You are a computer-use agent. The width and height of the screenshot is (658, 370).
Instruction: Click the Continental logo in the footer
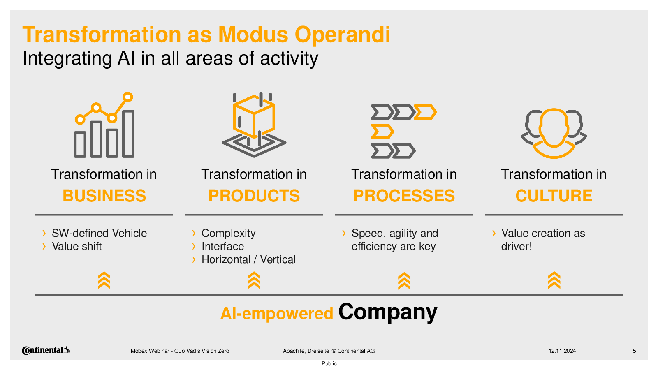46,350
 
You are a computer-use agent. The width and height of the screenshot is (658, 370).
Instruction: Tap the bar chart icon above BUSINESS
104,125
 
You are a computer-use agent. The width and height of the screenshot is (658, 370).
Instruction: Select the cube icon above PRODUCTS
254,125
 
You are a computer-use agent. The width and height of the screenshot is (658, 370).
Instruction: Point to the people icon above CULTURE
554,134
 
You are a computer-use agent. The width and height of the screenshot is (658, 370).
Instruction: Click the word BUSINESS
104,196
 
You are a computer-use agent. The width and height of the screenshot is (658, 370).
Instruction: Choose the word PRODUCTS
254,196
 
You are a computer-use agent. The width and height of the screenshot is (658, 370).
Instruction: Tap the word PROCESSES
404,196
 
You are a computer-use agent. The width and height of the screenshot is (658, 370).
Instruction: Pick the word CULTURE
554,196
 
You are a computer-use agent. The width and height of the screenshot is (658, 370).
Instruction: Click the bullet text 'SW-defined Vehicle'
99,233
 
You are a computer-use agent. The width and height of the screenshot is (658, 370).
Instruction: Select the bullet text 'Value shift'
76,246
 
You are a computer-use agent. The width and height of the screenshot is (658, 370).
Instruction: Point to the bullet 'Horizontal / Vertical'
248,259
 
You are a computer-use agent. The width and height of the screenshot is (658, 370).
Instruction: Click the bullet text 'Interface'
222,246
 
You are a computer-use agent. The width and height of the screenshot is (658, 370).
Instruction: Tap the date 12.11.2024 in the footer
562,351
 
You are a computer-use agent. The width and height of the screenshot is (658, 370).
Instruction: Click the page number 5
635,351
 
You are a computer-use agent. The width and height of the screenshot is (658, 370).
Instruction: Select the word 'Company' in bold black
388,312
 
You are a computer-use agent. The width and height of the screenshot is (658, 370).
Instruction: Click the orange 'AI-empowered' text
277,313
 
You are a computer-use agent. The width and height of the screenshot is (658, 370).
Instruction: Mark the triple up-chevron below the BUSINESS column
104,280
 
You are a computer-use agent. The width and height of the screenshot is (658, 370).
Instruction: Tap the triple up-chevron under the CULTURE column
554,280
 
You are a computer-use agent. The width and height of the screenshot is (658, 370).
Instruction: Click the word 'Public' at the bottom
329,363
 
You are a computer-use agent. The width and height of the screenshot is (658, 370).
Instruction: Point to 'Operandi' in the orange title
343,35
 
